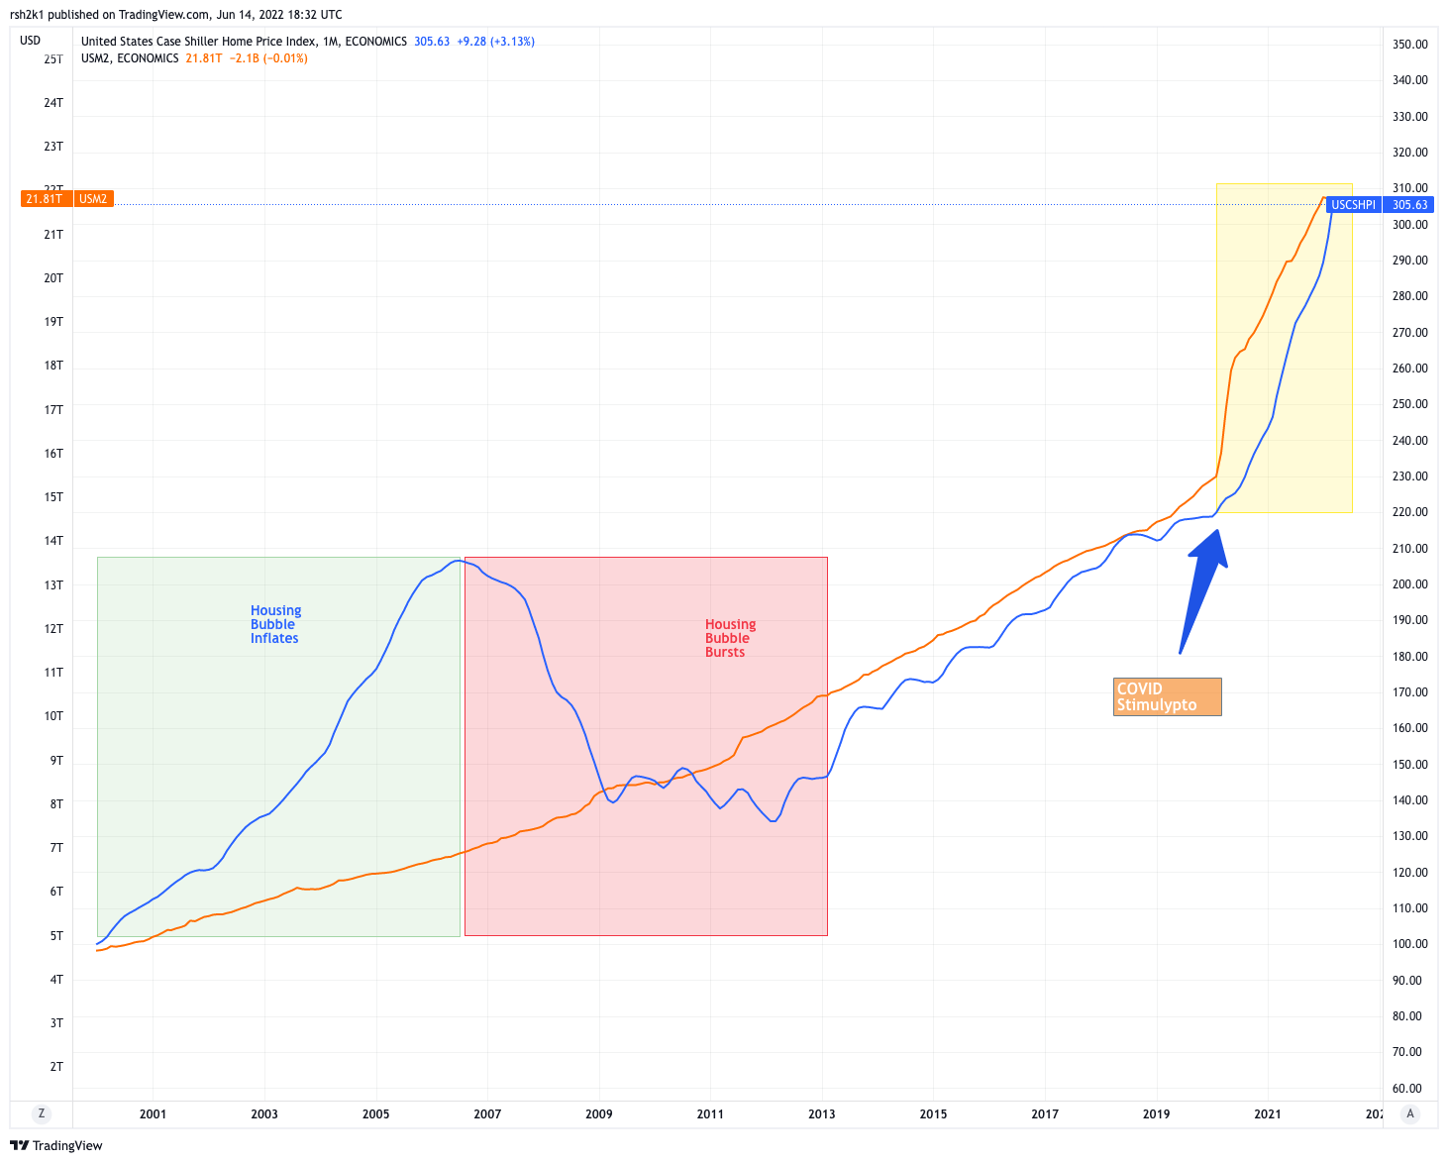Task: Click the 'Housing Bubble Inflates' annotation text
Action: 275,625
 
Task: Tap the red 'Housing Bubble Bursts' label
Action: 730,639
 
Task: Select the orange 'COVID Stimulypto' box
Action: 1167,696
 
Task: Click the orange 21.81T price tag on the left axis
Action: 45,199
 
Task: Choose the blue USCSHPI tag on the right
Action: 1353,205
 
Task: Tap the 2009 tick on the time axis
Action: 599,1114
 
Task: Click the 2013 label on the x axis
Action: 822,1114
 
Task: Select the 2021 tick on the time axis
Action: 1268,1114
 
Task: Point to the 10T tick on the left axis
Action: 53,716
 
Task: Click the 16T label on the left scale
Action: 53,454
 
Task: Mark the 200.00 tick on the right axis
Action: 1410,584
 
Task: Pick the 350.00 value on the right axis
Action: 1410,45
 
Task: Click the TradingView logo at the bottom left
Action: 56,1146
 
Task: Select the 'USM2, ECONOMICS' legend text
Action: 130,58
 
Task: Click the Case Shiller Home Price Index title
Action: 244,42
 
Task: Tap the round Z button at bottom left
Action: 42,1113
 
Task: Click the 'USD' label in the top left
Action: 31,41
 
